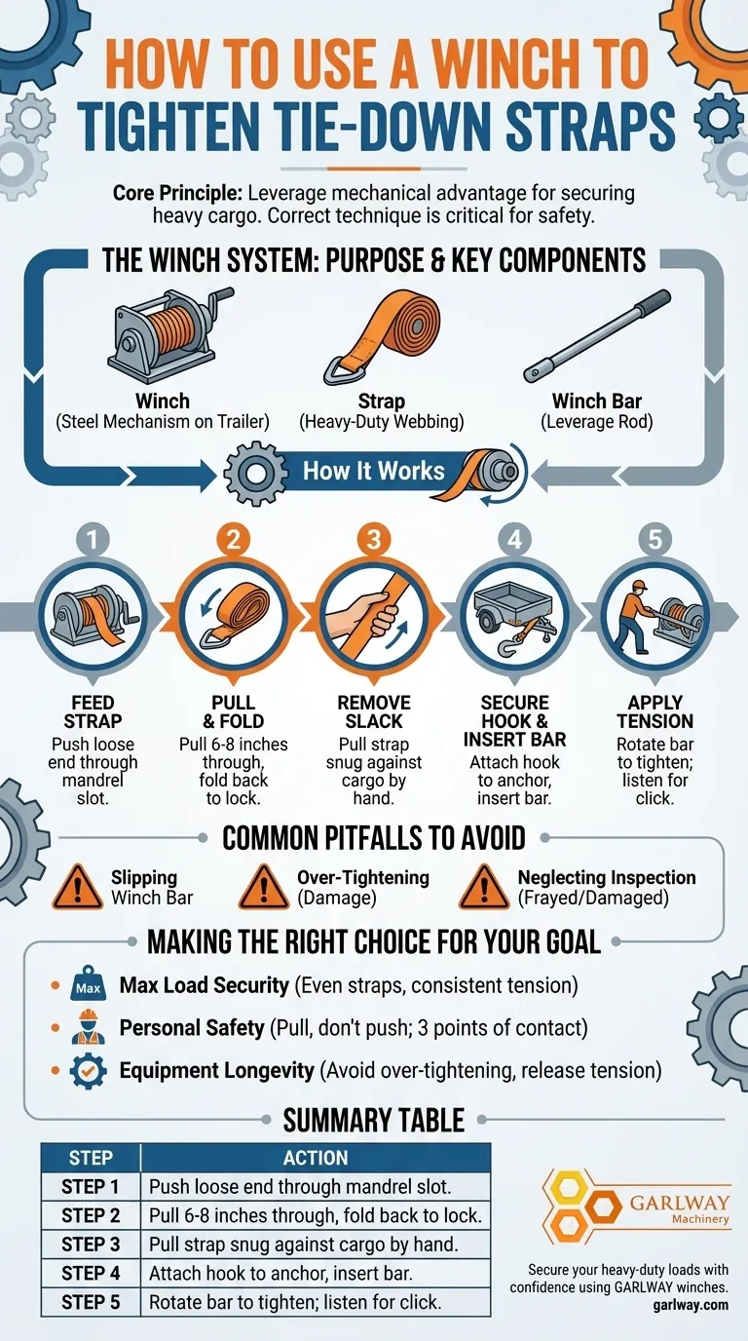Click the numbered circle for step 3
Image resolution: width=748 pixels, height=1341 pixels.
coord(374,539)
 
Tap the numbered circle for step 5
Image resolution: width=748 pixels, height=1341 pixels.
coord(655,539)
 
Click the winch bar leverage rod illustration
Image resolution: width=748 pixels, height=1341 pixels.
coord(597,336)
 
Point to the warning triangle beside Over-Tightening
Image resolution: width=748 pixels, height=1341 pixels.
coord(263,888)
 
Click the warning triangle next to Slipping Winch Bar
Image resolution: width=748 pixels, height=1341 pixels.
coord(77,888)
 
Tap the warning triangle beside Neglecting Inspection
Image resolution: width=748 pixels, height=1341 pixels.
coord(484,888)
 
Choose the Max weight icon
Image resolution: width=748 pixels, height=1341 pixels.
coord(88,983)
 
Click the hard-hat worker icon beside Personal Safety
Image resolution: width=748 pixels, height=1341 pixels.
coord(88,1027)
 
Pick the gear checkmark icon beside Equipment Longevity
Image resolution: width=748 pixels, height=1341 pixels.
coord(88,1071)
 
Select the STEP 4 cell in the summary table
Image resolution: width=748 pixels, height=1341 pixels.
coord(91,1274)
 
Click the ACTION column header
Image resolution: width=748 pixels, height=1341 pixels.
coord(316,1158)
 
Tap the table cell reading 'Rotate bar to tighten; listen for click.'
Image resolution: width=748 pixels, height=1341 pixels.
coord(316,1302)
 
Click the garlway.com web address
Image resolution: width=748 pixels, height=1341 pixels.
coord(691,1305)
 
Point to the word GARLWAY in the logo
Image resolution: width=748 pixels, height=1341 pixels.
coord(680,1203)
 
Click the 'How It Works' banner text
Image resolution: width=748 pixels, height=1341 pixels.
coord(374,471)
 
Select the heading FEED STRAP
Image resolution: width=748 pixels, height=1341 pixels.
coord(93,711)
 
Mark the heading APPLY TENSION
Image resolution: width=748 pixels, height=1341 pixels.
coord(655,711)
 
